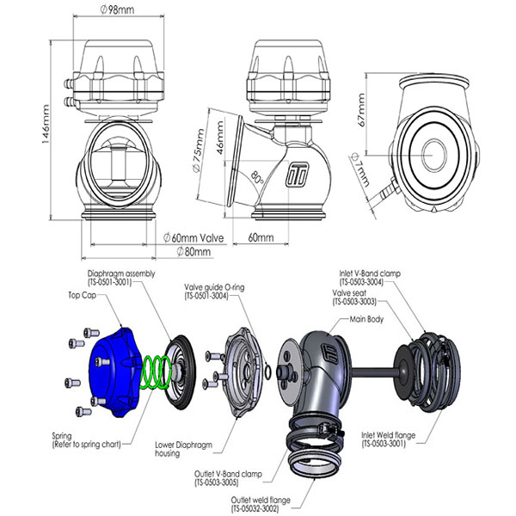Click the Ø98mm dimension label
(117, 9)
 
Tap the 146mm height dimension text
(45, 124)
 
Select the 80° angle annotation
(257, 178)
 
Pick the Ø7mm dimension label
(360, 169)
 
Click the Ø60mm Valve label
(193, 237)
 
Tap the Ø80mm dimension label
(193, 252)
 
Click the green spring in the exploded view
(156, 372)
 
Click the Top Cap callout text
(83, 295)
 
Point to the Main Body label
(366, 319)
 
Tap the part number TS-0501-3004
(206, 296)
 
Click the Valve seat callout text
(349, 292)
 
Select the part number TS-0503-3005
(217, 482)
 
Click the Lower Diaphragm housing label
(184, 449)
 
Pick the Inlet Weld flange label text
(389, 435)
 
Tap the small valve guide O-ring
(268, 372)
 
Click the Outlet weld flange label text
(261, 501)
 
